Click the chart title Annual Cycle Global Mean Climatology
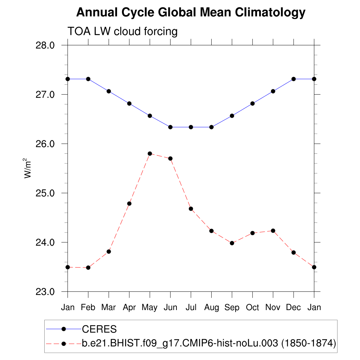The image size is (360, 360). point(191,13)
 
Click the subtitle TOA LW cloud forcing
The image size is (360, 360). point(122,32)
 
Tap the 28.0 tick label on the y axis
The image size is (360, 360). point(46,45)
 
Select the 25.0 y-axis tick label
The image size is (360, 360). point(46,193)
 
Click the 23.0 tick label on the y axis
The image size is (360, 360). point(46,292)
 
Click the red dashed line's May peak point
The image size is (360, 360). point(150,154)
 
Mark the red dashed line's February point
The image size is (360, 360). point(88,268)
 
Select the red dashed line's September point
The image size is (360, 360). point(232,243)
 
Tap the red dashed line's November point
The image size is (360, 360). point(273,231)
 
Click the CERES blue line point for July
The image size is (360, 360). point(191,127)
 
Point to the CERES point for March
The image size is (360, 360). point(109,91)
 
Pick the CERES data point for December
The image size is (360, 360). point(294,79)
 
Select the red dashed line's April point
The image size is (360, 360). point(129,204)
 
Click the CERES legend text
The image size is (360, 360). point(99,329)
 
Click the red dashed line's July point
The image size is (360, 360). point(191,209)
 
